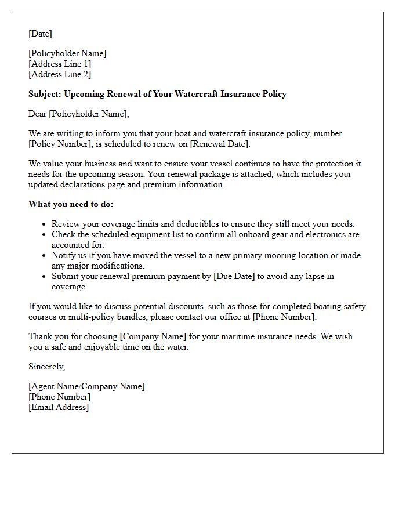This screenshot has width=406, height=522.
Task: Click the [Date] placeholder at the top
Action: click(x=40, y=34)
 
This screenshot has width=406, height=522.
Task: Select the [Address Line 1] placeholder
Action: click(x=60, y=64)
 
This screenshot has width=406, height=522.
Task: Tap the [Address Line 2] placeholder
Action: click(x=60, y=74)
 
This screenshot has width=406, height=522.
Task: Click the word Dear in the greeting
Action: click(x=38, y=114)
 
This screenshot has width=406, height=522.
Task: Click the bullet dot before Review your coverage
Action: click(x=44, y=224)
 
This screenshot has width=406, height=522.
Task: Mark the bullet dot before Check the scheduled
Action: click(x=44, y=235)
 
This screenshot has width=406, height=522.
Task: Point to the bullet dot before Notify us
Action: click(x=44, y=256)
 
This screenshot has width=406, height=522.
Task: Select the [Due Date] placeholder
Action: click(x=234, y=276)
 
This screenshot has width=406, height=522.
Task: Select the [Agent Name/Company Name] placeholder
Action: click(x=86, y=386)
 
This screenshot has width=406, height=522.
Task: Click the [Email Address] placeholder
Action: click(x=59, y=407)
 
